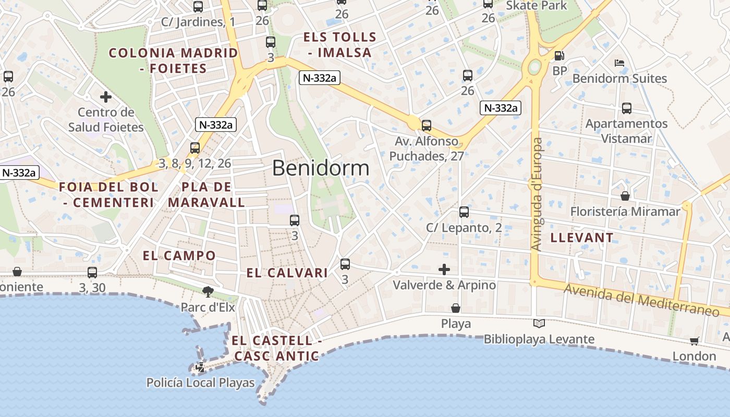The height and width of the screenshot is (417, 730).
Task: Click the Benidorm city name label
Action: (x=321, y=168)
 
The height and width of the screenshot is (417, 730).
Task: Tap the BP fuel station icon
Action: (x=559, y=56)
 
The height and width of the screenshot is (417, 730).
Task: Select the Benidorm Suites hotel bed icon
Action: (x=619, y=63)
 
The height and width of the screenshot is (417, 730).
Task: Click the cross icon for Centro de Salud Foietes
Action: (x=106, y=97)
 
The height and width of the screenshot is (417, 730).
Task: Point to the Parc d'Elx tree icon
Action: (x=208, y=291)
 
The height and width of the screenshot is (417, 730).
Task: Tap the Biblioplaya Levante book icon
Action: (x=539, y=324)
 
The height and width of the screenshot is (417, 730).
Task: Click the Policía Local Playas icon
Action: (x=200, y=367)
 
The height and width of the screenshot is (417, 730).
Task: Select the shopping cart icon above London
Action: (x=694, y=341)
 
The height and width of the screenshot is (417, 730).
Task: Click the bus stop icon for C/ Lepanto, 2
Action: (x=464, y=212)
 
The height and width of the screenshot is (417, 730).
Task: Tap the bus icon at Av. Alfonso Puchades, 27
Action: (x=427, y=126)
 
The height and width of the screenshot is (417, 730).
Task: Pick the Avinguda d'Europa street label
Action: (x=537, y=194)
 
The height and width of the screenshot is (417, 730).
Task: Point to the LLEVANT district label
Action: (x=582, y=238)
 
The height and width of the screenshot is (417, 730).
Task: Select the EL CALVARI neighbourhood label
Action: (x=287, y=273)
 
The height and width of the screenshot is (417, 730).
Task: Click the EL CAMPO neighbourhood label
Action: (x=179, y=255)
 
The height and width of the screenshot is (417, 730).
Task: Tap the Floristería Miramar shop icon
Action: (x=625, y=196)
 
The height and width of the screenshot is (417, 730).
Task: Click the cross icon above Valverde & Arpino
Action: (x=444, y=269)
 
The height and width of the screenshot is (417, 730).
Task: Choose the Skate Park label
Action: (x=537, y=6)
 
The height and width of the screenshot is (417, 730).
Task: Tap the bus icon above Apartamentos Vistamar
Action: (x=626, y=108)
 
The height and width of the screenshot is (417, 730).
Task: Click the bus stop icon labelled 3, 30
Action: (x=92, y=272)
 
